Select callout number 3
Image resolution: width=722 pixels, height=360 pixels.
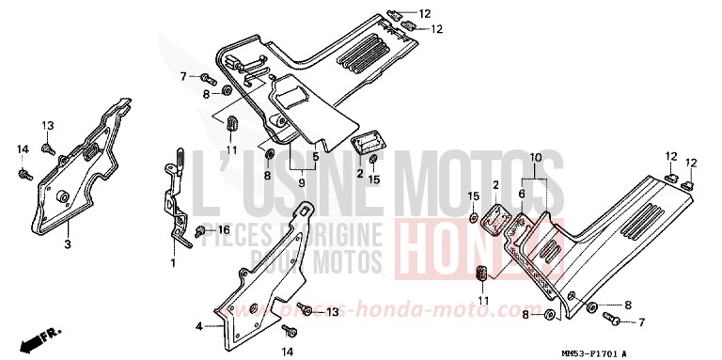point(68,244)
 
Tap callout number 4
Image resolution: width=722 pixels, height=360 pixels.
point(198,326)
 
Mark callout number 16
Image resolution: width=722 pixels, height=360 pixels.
point(224,229)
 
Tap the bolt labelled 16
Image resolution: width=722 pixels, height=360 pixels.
point(201,231)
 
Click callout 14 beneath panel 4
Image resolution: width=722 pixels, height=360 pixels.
point(290,352)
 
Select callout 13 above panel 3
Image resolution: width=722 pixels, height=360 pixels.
point(48,125)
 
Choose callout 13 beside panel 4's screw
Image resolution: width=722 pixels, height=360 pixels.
point(332,311)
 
